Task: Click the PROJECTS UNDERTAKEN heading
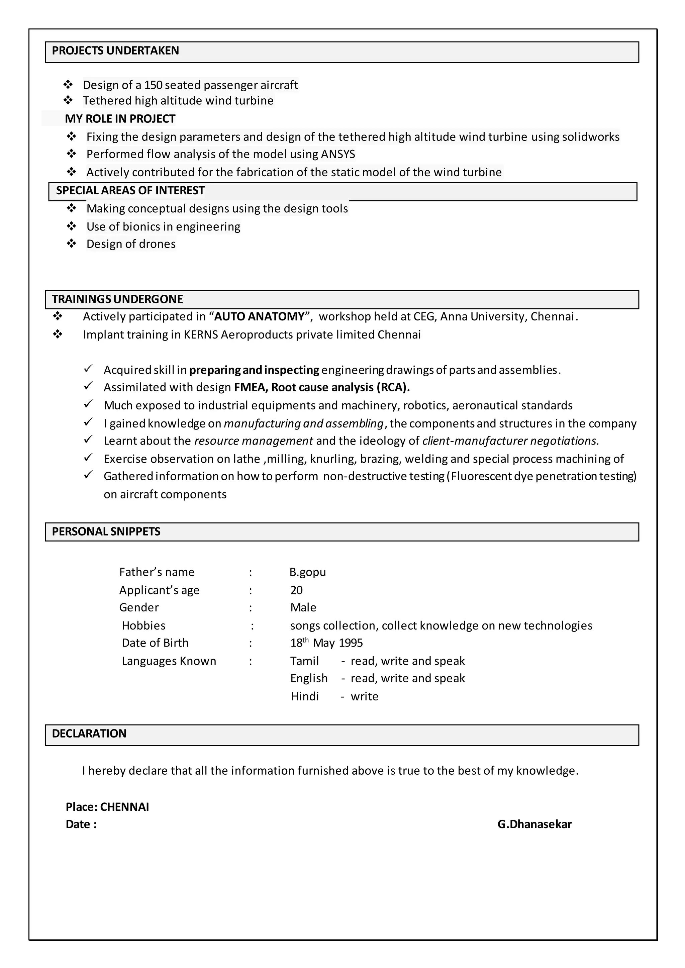click(x=115, y=51)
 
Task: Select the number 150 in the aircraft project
click(x=153, y=85)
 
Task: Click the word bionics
click(x=141, y=227)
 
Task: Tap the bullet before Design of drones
click(x=71, y=244)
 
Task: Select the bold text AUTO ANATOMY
click(x=260, y=316)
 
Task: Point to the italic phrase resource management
click(x=253, y=441)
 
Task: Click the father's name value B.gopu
click(x=307, y=572)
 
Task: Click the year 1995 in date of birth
click(x=351, y=643)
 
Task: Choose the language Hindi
click(x=305, y=696)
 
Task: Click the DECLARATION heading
click(x=89, y=734)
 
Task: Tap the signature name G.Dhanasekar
click(x=534, y=824)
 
